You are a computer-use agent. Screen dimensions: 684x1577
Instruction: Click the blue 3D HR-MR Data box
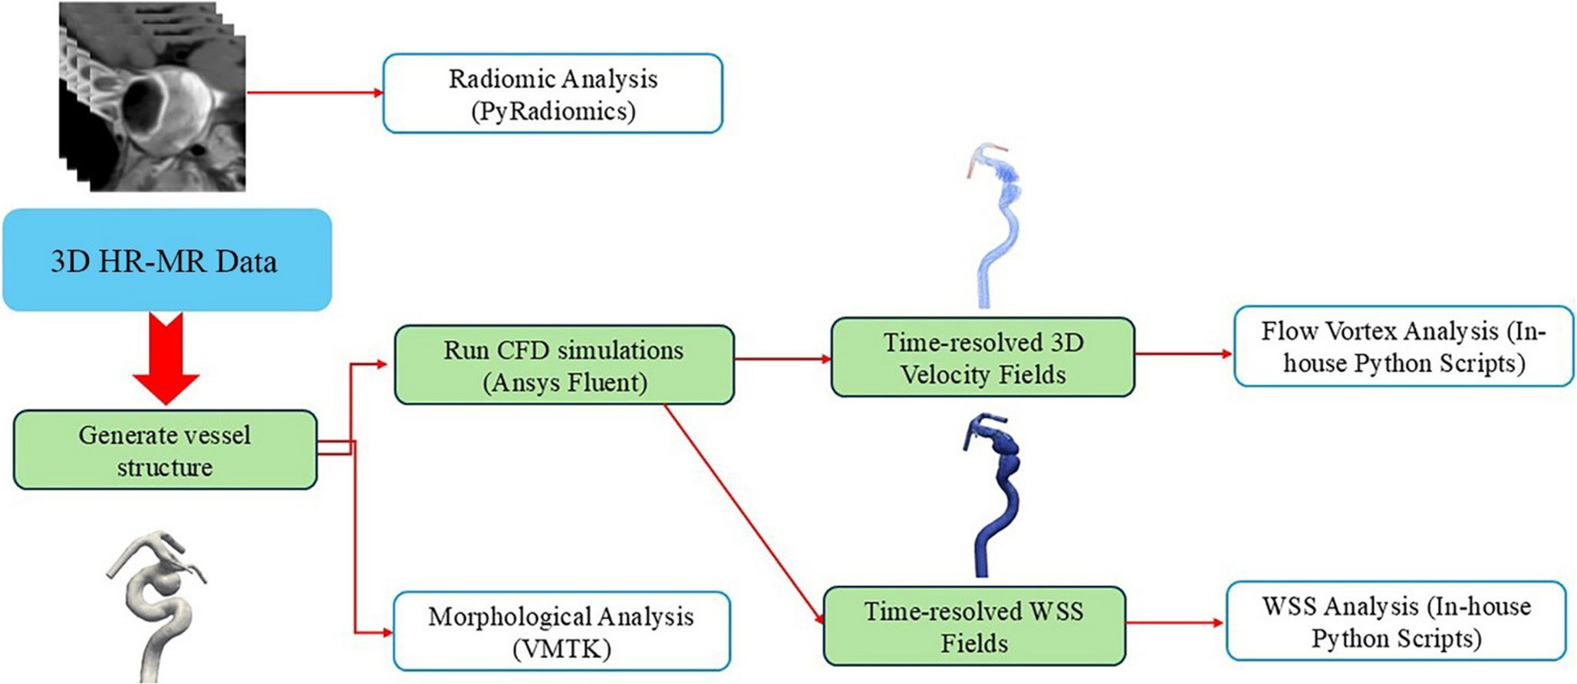tap(166, 261)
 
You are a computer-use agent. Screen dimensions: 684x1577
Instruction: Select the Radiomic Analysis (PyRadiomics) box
tap(552, 94)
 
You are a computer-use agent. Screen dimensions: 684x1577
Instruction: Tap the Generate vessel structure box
tap(165, 450)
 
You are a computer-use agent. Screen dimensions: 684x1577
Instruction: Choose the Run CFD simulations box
tap(564, 365)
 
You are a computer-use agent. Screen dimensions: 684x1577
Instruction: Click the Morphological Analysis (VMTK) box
tap(561, 631)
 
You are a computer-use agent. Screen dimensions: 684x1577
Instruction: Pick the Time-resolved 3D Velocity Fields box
tap(983, 357)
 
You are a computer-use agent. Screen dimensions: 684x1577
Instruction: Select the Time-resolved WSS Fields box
tap(974, 626)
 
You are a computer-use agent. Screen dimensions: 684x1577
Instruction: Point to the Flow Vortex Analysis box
tap(1403, 347)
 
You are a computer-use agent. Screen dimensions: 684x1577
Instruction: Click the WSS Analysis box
tap(1395, 621)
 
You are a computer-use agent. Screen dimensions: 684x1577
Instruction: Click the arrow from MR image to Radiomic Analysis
tap(314, 93)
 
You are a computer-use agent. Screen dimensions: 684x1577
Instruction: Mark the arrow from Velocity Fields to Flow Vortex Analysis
tap(1183, 354)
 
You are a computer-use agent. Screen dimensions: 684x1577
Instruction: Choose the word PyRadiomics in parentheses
tap(553, 111)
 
